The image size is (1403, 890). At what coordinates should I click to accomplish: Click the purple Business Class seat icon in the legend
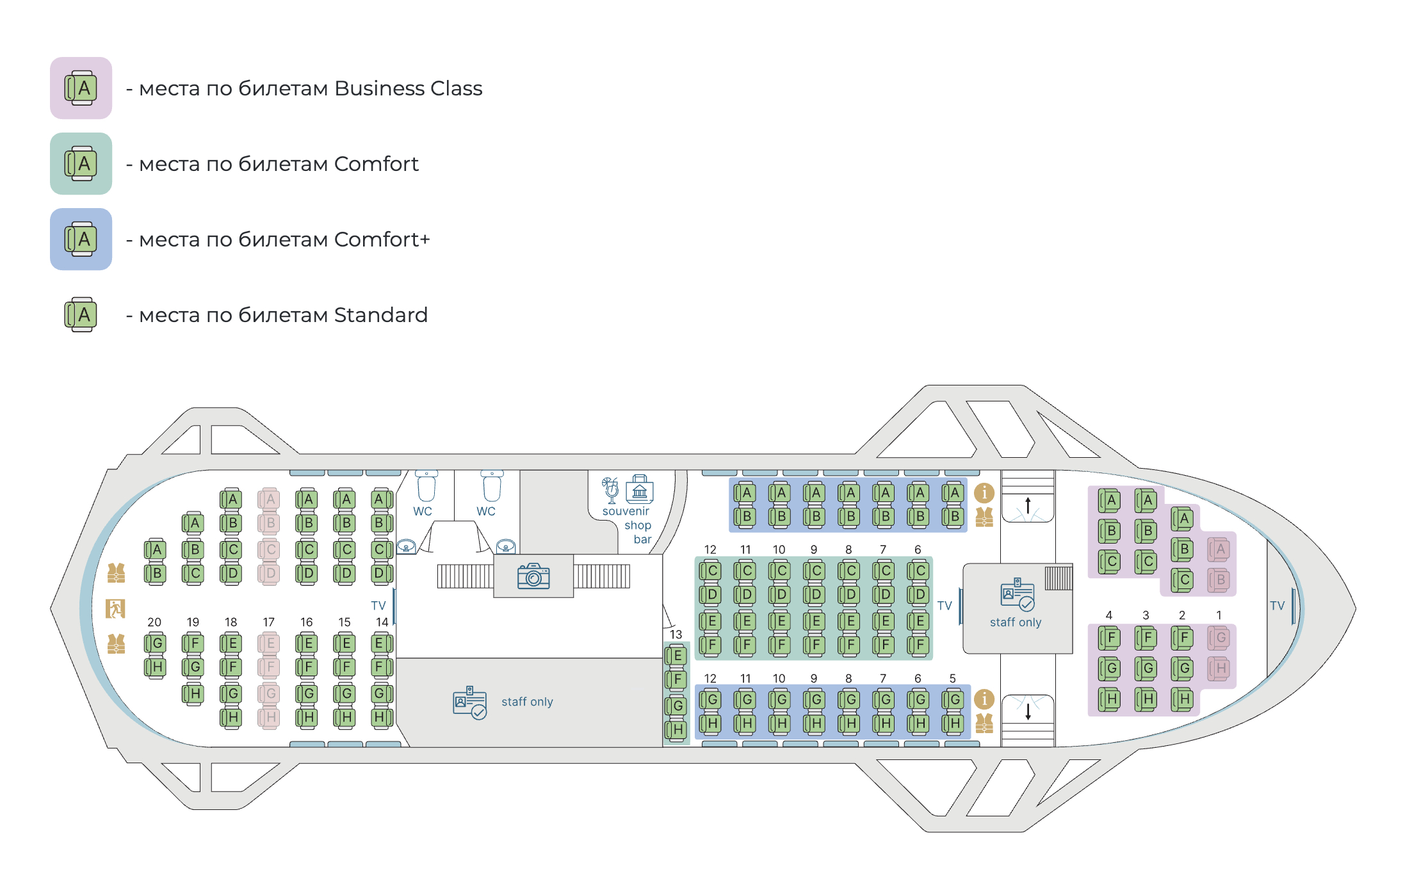(81, 88)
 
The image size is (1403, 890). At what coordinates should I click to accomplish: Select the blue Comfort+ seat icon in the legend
(81, 239)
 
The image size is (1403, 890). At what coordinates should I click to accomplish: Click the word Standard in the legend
(380, 315)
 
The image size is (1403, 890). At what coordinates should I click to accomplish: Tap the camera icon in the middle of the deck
(533, 576)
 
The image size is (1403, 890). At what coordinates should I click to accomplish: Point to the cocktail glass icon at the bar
(611, 490)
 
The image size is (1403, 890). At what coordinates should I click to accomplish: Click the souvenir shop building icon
(640, 489)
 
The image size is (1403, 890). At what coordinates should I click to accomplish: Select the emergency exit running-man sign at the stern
(115, 608)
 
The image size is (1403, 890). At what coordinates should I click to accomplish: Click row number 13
(676, 635)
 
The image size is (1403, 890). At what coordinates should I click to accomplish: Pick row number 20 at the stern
(154, 622)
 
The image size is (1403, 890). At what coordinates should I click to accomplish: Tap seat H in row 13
(677, 730)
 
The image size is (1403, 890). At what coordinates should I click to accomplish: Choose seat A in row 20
(156, 550)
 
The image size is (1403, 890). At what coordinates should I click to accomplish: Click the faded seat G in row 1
(1219, 638)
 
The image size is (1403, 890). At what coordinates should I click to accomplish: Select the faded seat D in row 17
(270, 574)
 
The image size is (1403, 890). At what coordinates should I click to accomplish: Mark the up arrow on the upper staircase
(1028, 505)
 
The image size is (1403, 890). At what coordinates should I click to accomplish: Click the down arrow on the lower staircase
(1028, 711)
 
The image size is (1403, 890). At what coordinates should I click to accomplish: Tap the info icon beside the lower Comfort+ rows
(984, 699)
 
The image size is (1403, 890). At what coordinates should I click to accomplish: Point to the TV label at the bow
(1277, 606)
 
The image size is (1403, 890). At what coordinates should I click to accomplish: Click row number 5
(952, 679)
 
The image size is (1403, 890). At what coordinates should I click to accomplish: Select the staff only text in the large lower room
(527, 702)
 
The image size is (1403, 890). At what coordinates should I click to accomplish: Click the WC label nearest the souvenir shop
(486, 512)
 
